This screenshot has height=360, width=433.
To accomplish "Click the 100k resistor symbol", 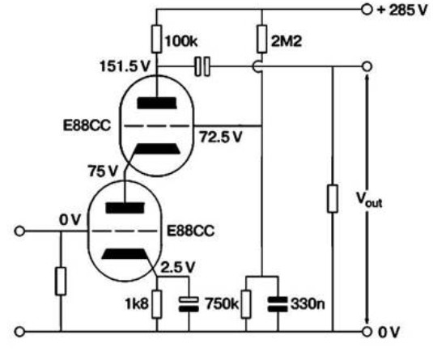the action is click(x=156, y=39).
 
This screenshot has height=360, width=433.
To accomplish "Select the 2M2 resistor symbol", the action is click(x=261, y=39).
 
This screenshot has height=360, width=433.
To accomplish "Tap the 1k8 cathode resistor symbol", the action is click(x=156, y=304).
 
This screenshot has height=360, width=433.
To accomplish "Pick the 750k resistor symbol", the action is click(x=246, y=304).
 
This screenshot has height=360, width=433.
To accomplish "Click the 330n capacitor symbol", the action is click(x=278, y=304).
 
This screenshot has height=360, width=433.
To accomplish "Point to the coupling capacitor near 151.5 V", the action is click(x=202, y=66).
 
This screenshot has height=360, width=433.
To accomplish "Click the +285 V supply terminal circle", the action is click(x=367, y=10).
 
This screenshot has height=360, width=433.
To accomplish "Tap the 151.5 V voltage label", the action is click(x=125, y=66).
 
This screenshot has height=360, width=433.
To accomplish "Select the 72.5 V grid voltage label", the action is click(x=221, y=137).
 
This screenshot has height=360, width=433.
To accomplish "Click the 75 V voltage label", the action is click(x=103, y=171).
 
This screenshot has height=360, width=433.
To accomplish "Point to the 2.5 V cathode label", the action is click(x=178, y=267).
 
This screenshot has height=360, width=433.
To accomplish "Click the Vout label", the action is click(x=369, y=199).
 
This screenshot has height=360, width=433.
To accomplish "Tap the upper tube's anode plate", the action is click(x=157, y=103).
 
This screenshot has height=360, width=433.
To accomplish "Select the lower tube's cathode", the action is click(x=125, y=254).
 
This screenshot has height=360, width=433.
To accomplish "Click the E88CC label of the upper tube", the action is click(x=87, y=125).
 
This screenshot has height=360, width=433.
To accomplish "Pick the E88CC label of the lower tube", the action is click(x=190, y=231).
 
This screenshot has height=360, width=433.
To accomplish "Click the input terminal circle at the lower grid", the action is click(x=19, y=231).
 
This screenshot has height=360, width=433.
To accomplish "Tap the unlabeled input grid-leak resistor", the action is click(x=61, y=281).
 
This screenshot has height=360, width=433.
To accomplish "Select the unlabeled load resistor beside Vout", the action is click(x=332, y=199).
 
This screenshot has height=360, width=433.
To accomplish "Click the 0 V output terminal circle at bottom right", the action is click(x=367, y=332).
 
